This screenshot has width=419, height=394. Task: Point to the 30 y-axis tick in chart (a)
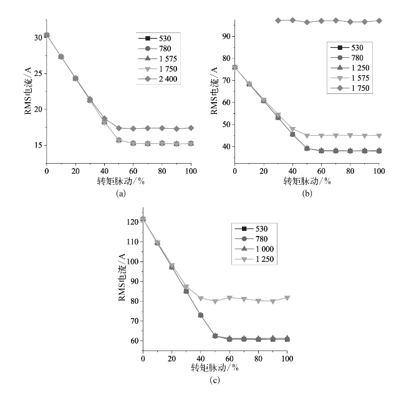(38, 37)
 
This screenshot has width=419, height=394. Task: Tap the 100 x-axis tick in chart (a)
(191, 170)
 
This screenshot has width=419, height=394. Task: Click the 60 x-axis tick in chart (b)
(321, 170)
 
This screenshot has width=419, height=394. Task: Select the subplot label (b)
(307, 194)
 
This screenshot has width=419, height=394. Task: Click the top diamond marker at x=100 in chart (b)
(378, 21)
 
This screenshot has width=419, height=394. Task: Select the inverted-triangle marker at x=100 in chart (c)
(287, 298)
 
